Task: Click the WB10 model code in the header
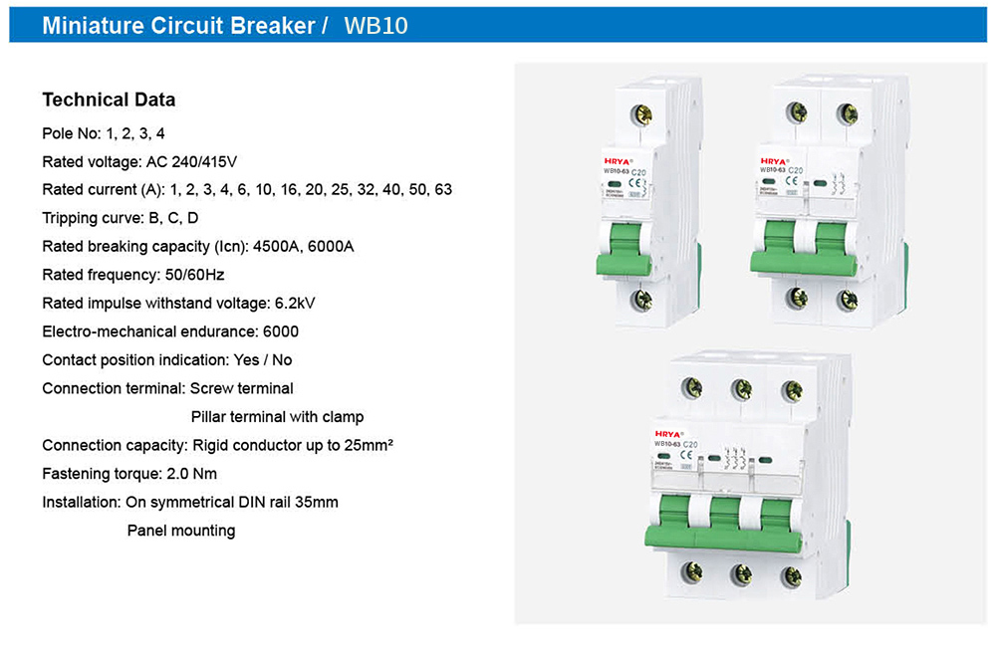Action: (375, 25)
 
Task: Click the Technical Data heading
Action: (109, 100)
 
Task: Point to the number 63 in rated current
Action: (443, 189)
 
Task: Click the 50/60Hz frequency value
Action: (199, 274)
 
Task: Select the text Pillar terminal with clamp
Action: (277, 416)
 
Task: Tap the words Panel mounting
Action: (181, 531)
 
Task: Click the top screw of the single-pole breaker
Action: (641, 114)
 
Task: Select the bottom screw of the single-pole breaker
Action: (642, 299)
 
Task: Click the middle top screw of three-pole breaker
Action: (740, 389)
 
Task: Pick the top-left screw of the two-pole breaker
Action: (797, 112)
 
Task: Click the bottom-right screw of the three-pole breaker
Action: (791, 574)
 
